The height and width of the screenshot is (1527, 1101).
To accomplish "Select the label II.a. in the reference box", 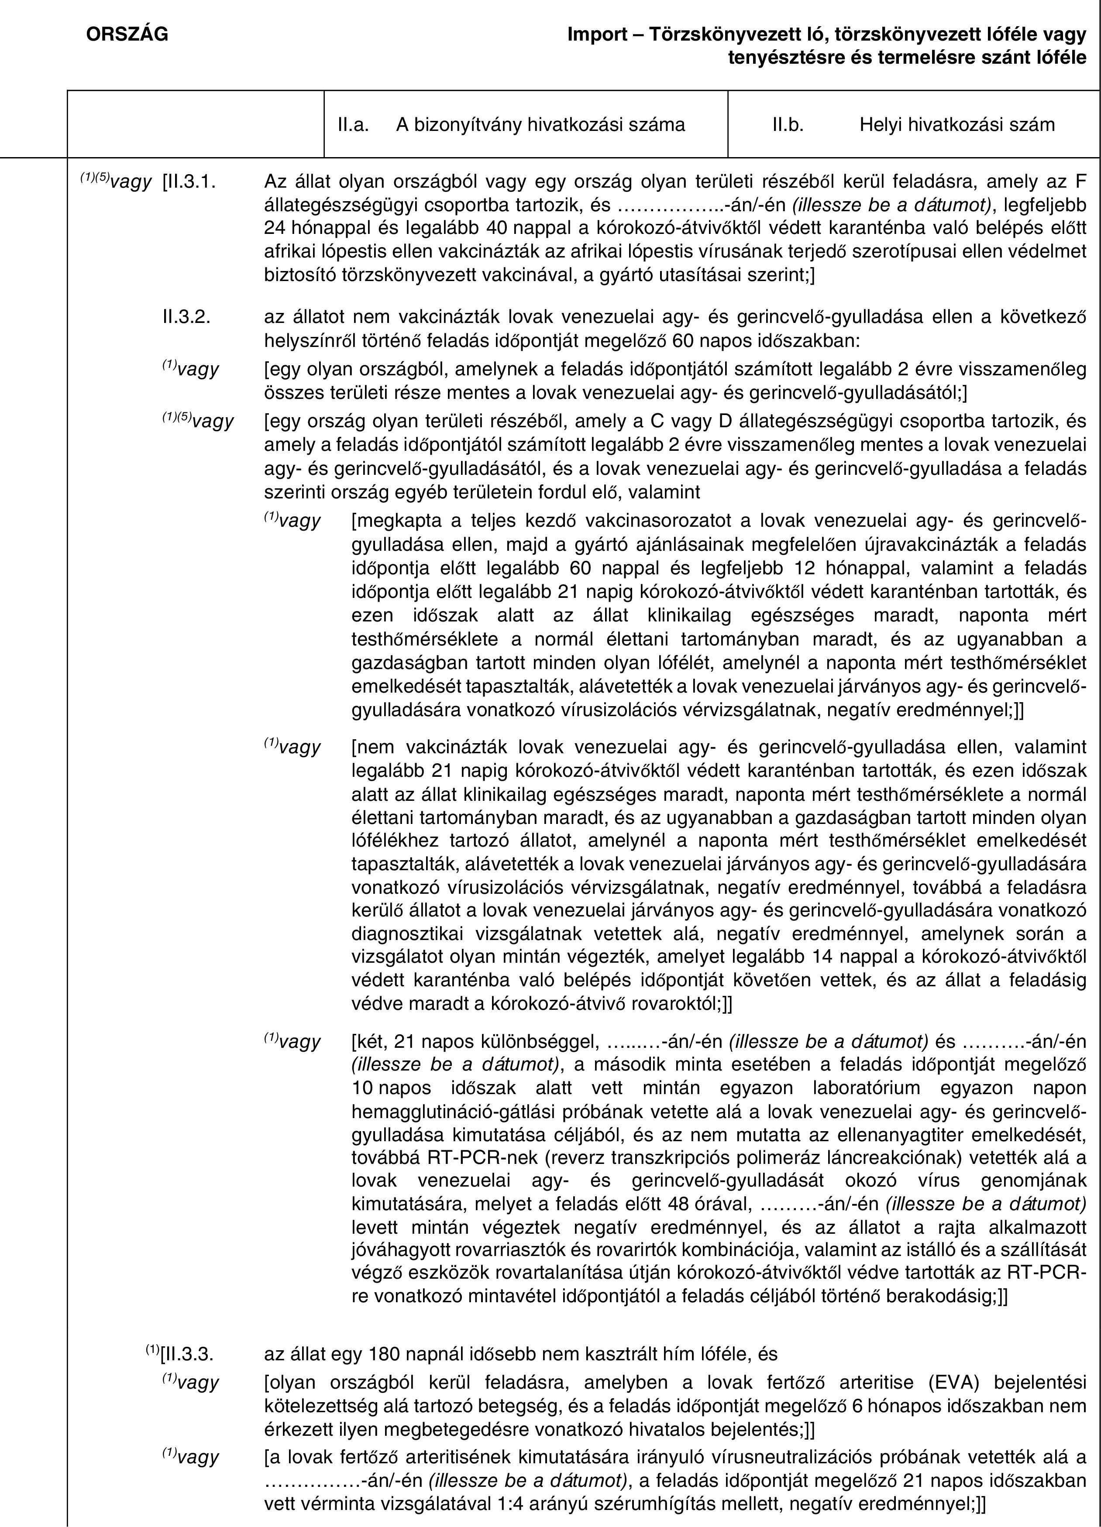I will (353, 124).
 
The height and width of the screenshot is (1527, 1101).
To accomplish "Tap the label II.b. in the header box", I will (788, 124).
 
